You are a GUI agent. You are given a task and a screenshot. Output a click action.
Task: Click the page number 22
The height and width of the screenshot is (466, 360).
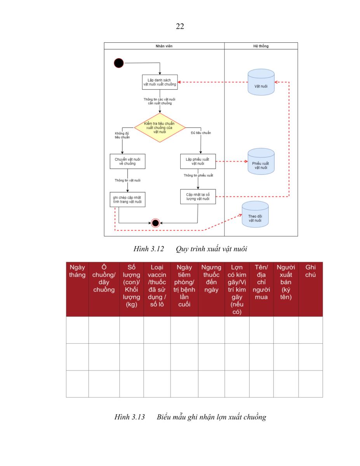point(180,26)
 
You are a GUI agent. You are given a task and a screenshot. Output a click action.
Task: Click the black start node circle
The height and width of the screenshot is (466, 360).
point(118,63)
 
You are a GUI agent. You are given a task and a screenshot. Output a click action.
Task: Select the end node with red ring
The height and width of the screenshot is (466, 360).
point(155,223)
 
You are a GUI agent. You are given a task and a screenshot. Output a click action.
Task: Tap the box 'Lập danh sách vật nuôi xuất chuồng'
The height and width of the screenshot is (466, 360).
point(160,82)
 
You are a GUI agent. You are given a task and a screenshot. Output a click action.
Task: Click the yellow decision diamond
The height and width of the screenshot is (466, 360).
point(160,128)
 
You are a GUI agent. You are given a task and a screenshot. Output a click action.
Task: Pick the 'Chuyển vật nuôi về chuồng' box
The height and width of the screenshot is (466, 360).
point(127,161)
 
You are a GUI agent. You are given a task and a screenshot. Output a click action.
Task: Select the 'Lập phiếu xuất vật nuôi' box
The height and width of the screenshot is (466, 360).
point(198,161)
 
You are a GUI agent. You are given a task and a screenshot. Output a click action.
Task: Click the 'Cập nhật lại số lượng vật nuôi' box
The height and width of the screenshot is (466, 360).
point(198,196)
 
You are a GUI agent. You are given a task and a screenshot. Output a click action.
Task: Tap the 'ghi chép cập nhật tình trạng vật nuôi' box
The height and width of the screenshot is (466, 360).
point(127,200)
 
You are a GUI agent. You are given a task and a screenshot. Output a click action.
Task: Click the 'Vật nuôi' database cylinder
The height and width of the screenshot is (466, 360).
point(261,82)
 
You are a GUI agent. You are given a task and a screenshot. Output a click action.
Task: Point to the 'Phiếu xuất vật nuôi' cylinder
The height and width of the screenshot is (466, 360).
point(261,161)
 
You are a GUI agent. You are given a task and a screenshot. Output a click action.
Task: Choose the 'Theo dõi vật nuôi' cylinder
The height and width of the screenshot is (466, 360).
point(255,214)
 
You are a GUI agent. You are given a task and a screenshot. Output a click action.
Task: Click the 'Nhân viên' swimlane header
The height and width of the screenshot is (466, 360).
point(164,46)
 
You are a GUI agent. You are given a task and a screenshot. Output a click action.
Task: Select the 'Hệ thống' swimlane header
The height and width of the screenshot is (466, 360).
point(261,46)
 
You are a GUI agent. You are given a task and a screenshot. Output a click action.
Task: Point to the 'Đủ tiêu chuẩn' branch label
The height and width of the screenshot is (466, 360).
point(201,133)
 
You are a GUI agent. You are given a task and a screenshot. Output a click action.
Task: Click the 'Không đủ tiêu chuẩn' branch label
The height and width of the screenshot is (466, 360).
point(122,135)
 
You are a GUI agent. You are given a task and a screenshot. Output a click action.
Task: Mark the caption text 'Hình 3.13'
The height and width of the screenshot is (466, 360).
point(129,417)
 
